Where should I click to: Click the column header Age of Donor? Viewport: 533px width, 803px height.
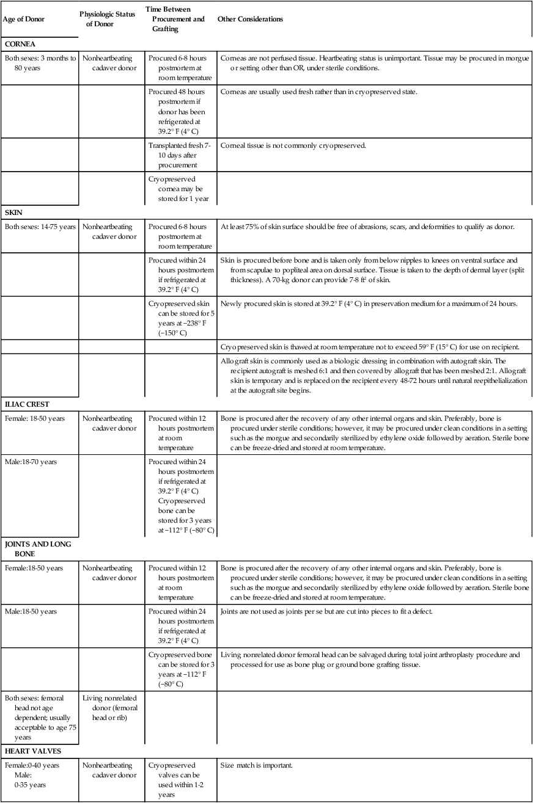(x=23, y=19)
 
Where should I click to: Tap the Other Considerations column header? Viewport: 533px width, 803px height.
(x=250, y=19)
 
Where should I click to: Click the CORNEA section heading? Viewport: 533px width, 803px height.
(x=20, y=44)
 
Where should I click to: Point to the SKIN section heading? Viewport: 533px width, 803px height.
(x=13, y=212)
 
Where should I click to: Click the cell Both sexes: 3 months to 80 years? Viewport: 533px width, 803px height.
(x=40, y=64)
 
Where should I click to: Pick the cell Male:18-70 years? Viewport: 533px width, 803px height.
(x=31, y=462)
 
